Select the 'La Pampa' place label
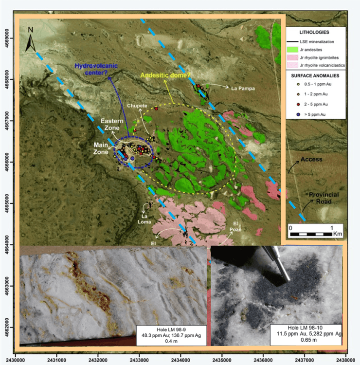click(x=242, y=89)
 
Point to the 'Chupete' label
click(x=138, y=105)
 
